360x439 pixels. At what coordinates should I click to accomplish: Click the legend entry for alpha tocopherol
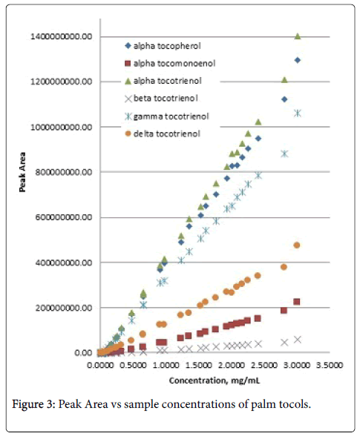tap(163, 46)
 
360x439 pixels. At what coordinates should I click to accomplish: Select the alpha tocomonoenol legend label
tap(170, 64)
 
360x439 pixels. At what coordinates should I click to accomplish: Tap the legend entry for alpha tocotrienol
tap(163, 81)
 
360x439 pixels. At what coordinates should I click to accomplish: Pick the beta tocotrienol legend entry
tap(161, 99)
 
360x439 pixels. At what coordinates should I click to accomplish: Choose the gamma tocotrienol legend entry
tap(167, 116)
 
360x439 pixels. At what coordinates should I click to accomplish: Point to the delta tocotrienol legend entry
tap(163, 133)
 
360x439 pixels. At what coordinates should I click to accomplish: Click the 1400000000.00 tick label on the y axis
tap(61, 36)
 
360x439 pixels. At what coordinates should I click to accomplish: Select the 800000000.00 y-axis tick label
tap(64, 172)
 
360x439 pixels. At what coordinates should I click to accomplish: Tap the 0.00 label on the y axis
tap(83, 353)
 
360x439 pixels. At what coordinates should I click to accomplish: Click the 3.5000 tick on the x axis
tap(330, 365)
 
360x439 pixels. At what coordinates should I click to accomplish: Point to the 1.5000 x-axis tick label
tap(198, 365)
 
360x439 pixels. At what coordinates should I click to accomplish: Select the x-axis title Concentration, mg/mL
tap(215, 380)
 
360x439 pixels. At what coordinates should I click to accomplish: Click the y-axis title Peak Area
tap(22, 172)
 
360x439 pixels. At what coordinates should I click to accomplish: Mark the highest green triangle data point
tap(298, 36)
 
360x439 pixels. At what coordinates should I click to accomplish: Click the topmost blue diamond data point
tap(298, 60)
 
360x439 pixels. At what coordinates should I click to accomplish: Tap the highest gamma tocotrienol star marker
tap(298, 113)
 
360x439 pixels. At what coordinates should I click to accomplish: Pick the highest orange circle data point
tap(297, 245)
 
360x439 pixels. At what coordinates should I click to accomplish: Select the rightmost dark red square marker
tap(297, 302)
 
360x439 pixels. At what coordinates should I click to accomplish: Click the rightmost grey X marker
tap(298, 340)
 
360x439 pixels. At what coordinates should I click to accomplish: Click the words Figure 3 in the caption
tap(33, 405)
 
